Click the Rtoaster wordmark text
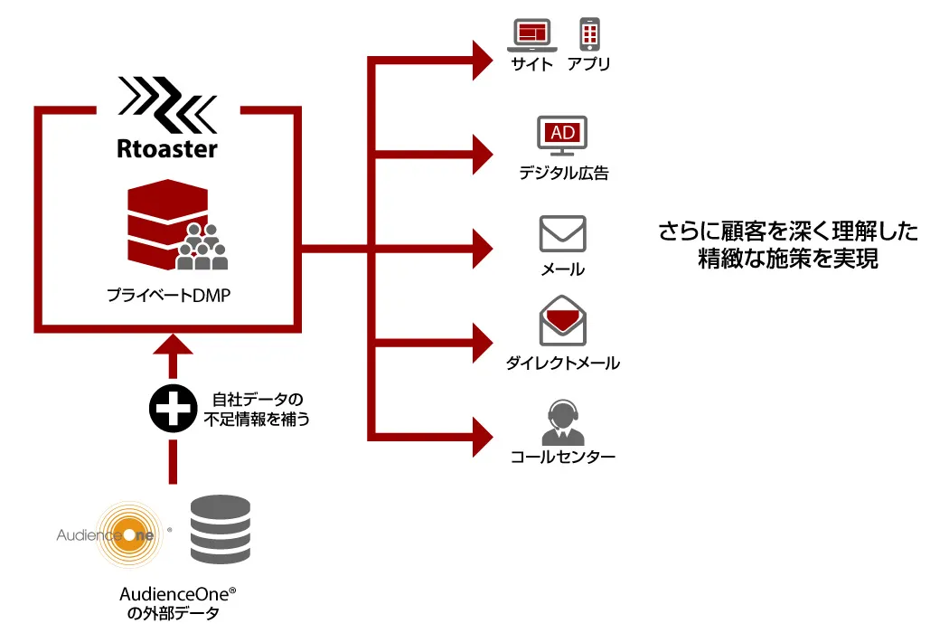pyautogui.click(x=167, y=146)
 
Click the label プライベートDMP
pyautogui.click(x=168, y=295)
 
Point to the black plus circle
pyautogui.click(x=173, y=409)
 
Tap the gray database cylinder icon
pyautogui.click(x=220, y=530)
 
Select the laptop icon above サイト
pyautogui.click(x=532, y=35)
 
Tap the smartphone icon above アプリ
pyautogui.click(x=589, y=34)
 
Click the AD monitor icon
pyautogui.click(x=562, y=136)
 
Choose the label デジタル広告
pyautogui.click(x=563, y=173)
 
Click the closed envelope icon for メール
pyautogui.click(x=562, y=233)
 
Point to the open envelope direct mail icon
pyautogui.click(x=562, y=320)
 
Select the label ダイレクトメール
pyautogui.click(x=563, y=364)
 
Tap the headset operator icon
pyautogui.click(x=562, y=419)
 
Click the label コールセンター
pyautogui.click(x=563, y=457)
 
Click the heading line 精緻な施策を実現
pyautogui.click(x=788, y=260)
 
